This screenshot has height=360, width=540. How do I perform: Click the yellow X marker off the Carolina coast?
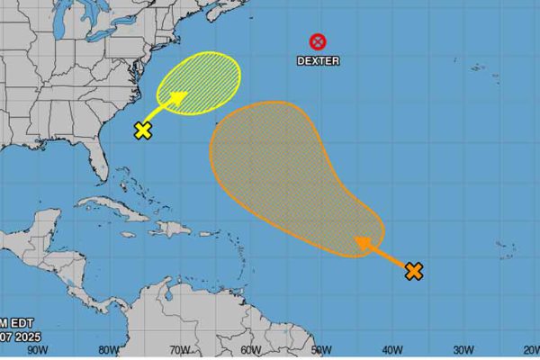pos(142,130)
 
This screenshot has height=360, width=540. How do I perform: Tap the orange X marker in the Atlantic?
pos(414,270)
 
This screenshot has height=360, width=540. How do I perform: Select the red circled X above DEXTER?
pos(318,41)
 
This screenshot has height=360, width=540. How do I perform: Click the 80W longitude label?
pos(108,350)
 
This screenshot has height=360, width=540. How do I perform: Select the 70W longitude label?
pos(179,350)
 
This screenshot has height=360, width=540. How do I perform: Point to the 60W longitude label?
pos(250,350)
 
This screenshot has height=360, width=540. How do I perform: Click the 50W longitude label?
pos(321,350)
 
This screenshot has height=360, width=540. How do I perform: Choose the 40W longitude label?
pos(391,350)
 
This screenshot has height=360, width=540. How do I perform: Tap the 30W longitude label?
pos(463,350)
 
